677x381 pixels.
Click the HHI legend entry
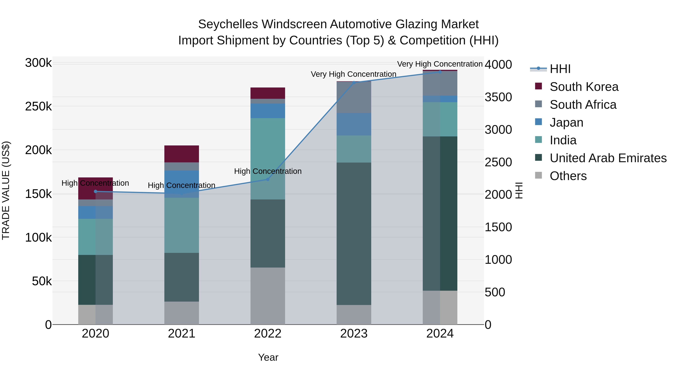click(560, 69)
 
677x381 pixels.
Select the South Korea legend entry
click(584, 87)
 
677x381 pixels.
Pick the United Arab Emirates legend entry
click(608, 158)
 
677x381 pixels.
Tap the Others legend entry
click(568, 176)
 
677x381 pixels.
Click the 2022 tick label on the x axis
click(268, 334)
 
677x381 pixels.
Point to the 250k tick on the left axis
click(38, 107)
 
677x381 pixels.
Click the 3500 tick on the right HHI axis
click(498, 97)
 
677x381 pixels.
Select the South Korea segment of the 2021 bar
click(182, 154)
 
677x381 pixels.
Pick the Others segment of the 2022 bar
click(268, 296)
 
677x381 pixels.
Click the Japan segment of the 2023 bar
click(354, 124)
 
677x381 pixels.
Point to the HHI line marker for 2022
click(268, 179)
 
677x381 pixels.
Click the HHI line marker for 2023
click(354, 83)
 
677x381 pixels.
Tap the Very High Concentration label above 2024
click(440, 64)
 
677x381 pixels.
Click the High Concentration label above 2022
click(268, 171)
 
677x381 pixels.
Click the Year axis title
click(268, 357)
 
